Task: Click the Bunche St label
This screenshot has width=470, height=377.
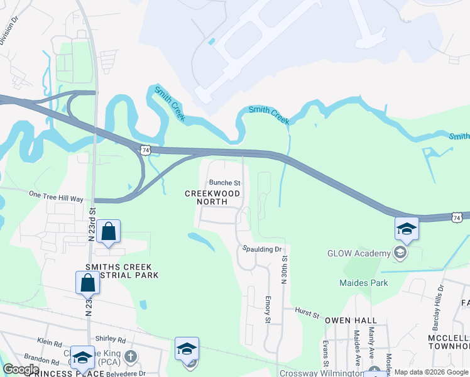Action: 224,183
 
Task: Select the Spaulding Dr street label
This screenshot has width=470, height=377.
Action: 263,249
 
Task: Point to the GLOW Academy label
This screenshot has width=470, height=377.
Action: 359,253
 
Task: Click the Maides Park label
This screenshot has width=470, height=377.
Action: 364,283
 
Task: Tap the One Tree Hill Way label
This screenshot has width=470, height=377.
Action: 56,197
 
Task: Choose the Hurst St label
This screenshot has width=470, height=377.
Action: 307,310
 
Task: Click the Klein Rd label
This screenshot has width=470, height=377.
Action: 50,343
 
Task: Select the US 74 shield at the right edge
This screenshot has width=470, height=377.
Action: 456,217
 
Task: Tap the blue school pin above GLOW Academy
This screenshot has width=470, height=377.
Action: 407,229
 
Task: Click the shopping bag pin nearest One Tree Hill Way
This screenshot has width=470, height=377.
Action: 109,232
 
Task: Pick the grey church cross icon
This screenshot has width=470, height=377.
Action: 131,358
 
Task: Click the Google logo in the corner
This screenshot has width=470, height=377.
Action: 21,369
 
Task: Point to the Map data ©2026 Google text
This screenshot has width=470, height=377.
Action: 431,372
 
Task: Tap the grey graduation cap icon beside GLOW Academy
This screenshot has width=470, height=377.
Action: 399,253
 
